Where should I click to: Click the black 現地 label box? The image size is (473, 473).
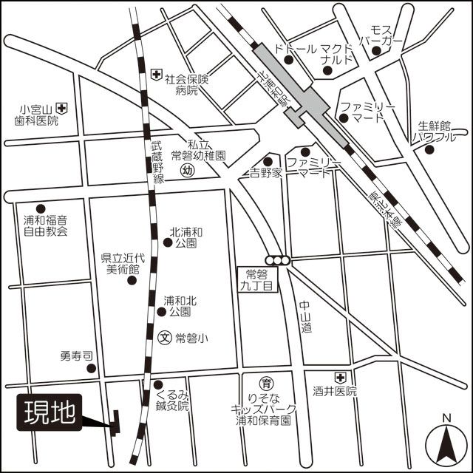(50, 413)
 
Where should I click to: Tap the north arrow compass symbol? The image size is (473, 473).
(446, 441)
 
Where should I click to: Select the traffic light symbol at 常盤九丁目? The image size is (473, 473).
(280, 259)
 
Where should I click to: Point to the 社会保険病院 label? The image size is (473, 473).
(187, 84)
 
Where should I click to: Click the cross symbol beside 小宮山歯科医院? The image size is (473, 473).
(63, 108)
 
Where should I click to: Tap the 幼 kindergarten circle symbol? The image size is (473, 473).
(188, 171)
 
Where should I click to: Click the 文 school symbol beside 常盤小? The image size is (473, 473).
(166, 338)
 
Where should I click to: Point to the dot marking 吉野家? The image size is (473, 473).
(268, 161)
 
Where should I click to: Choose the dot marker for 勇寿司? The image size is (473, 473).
(90, 368)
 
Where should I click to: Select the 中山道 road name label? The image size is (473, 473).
(306, 317)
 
